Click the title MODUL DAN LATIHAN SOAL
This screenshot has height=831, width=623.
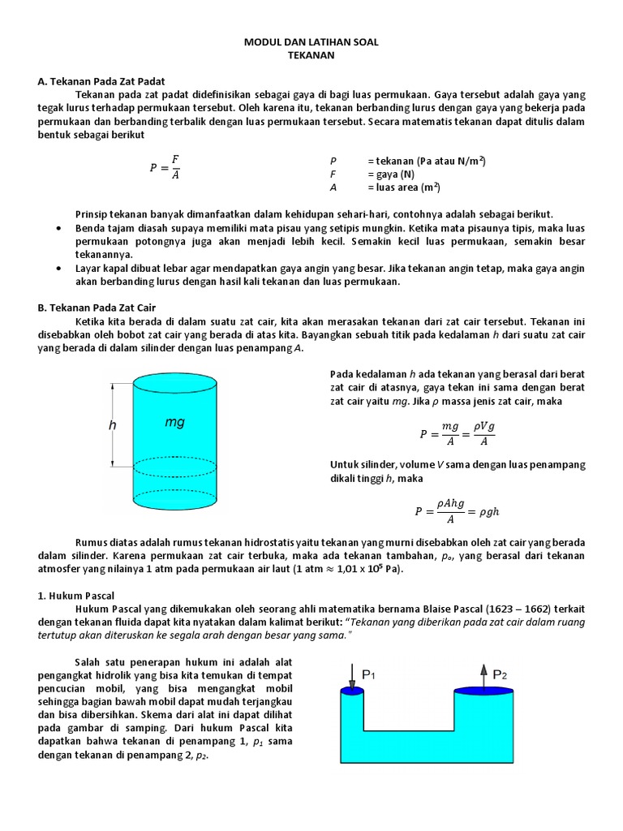[311, 41]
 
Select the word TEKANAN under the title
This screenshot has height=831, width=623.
[311, 55]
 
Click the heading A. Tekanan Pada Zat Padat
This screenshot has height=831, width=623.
[101, 81]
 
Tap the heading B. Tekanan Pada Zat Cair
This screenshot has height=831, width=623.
[97, 308]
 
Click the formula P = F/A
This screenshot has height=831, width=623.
[165, 168]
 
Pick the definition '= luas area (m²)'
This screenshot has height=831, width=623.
[404, 187]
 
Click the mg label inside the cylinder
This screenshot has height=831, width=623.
[175, 423]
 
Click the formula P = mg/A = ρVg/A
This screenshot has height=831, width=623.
[456, 434]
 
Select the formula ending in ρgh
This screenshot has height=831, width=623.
[456, 511]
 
